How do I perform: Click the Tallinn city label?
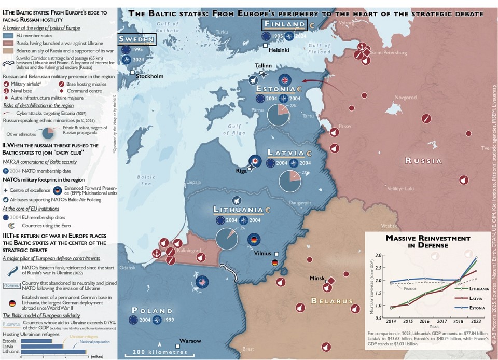click(x=264, y=65)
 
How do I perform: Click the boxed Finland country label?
click(x=284, y=24)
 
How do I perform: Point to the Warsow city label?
click(x=190, y=341)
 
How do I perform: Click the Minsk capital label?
click(x=317, y=278)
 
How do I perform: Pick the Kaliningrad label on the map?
click(x=189, y=251)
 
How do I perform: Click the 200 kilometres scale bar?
click(x=160, y=353)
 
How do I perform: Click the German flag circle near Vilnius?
click(x=254, y=240)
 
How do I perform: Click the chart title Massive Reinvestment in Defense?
click(x=421, y=241)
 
